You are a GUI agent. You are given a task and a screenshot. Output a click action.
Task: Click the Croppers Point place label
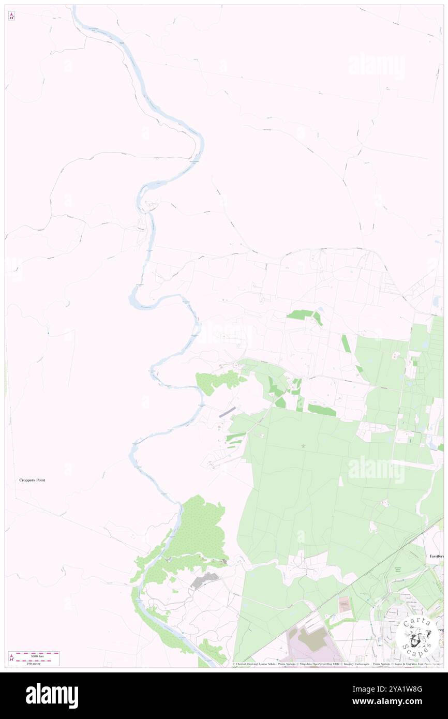click(x=32, y=480)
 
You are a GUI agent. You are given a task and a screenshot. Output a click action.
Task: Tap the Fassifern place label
click(x=436, y=556)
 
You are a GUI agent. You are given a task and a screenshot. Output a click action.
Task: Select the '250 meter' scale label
click(x=33, y=663)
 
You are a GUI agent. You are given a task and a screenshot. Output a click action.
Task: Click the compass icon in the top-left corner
click(x=11, y=16)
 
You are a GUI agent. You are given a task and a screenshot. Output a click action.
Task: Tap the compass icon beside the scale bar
click(x=11, y=658)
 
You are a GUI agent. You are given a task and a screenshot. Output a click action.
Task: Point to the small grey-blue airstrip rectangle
click(x=227, y=412)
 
